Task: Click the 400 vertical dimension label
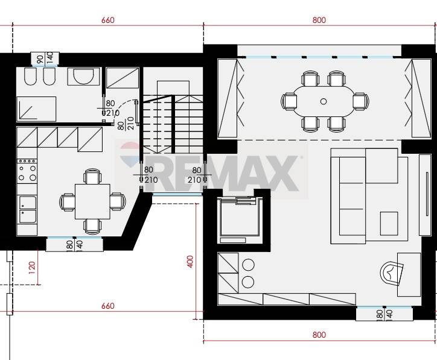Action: (190, 262)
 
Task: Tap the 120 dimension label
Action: (32, 268)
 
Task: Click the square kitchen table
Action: (92, 201)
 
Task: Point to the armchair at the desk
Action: (392, 273)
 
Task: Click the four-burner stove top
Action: (27, 171)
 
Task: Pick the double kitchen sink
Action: (28, 209)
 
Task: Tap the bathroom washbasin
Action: (83, 77)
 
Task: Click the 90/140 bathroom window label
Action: (45, 58)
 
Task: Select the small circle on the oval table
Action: (324, 101)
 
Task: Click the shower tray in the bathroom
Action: (36, 109)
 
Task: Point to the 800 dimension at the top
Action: (319, 20)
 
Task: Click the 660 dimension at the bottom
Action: (108, 306)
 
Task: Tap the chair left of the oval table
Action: (289, 101)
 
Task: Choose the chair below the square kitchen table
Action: (92, 226)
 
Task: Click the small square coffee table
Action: (389, 223)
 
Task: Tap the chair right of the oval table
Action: (361, 101)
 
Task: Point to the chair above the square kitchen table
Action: (92, 177)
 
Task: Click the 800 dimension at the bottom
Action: (319, 335)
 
